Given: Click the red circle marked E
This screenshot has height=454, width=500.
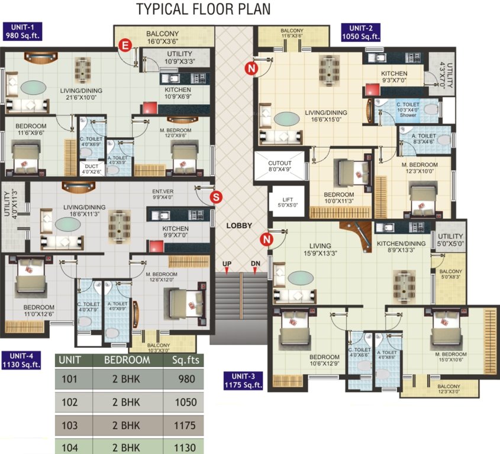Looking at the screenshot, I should (125, 45).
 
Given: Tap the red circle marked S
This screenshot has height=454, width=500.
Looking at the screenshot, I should (217, 196).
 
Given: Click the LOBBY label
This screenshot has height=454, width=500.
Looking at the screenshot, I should (239, 226).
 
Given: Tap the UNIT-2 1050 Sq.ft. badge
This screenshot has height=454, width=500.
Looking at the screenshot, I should (360, 32).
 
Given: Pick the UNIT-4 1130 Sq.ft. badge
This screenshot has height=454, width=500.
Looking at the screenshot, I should (21, 360).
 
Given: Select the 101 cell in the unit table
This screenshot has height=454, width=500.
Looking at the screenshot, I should (70, 380).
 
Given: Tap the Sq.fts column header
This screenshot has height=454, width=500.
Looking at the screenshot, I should (186, 359).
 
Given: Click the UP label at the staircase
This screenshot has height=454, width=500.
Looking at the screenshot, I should (226, 264).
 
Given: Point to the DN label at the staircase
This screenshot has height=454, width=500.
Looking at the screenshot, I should (255, 264).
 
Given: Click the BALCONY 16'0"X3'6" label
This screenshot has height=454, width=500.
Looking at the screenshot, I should (162, 37).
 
